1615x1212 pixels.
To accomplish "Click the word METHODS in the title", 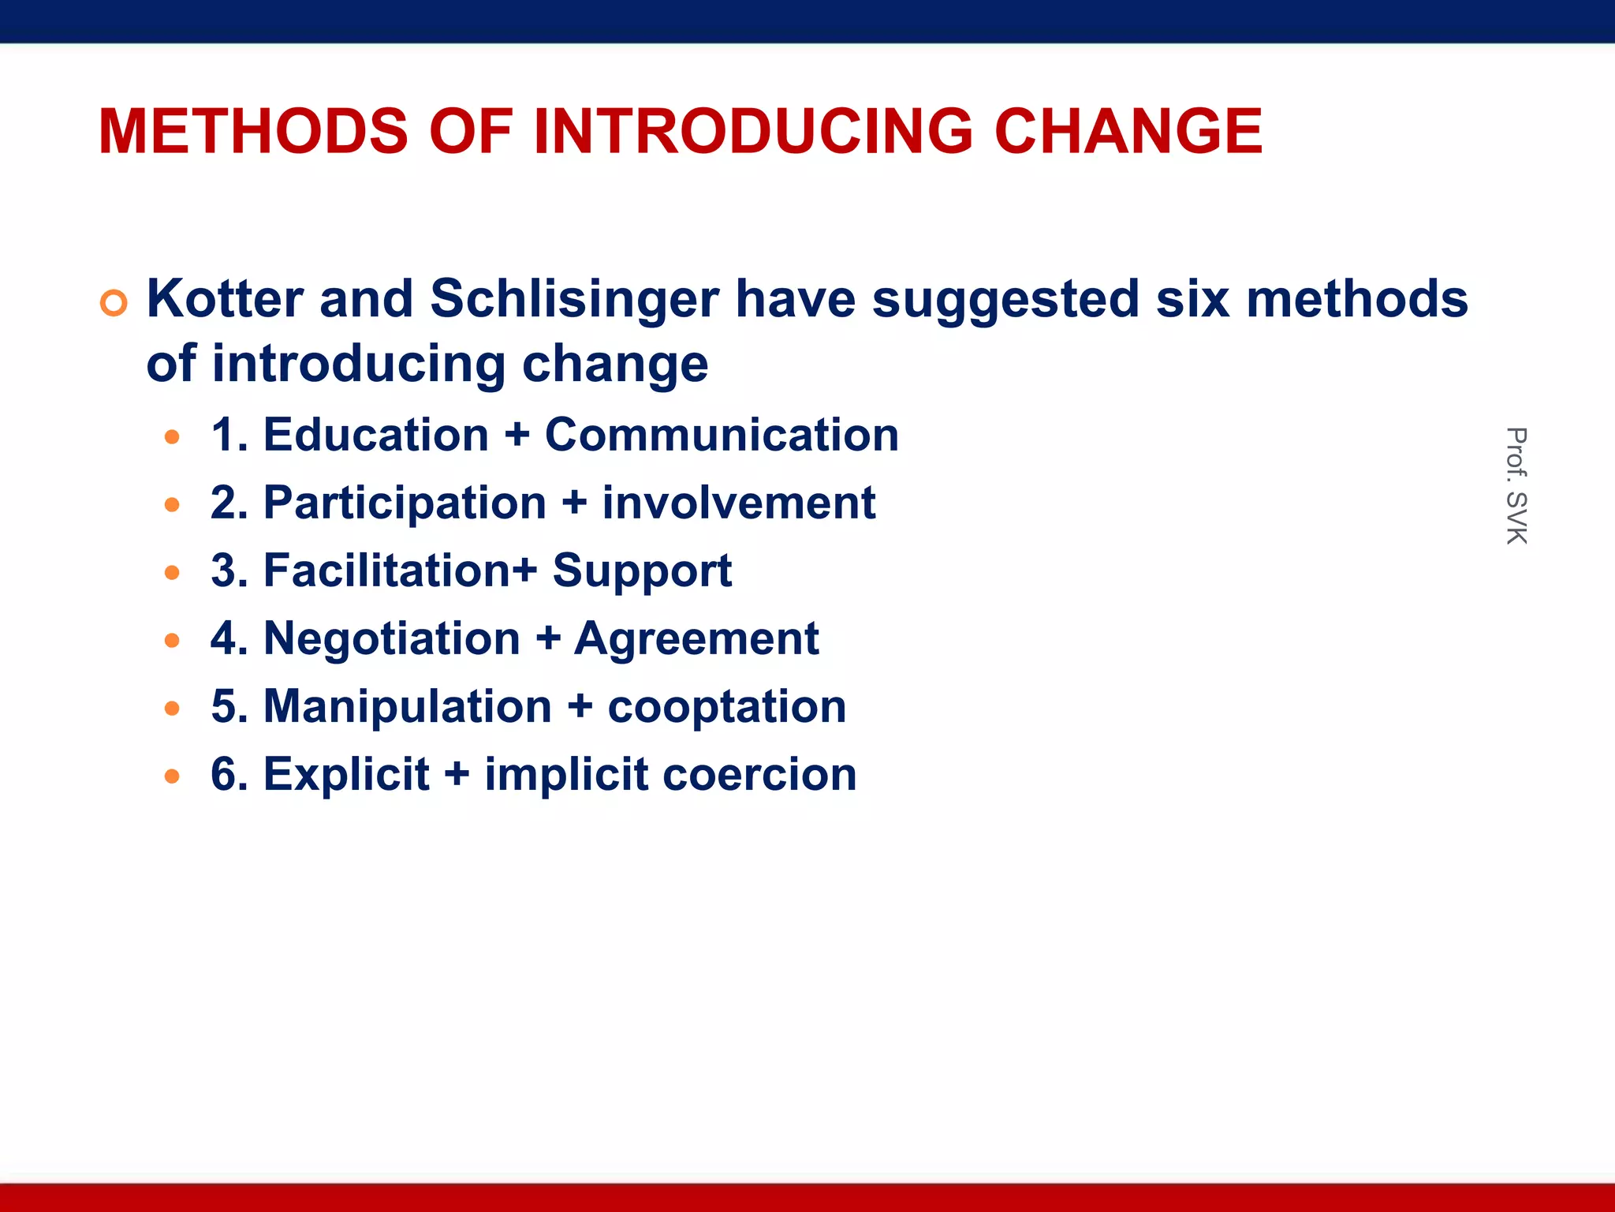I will tap(253, 131).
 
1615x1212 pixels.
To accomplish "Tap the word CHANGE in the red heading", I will tap(1128, 131).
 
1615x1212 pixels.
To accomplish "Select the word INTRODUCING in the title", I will tap(753, 131).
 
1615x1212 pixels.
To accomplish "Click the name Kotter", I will tap(225, 299).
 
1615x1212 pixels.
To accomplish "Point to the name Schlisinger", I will tap(574, 301).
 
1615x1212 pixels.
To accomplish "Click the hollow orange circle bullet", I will tap(114, 303).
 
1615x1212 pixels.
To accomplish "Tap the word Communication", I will tap(722, 435).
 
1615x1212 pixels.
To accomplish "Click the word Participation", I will tap(405, 503).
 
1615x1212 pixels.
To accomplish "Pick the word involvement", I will tap(739, 503).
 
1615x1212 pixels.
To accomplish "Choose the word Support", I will tap(642, 571).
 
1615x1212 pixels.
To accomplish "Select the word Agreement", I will tap(696, 639).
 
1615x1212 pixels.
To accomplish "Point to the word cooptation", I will tap(726, 707).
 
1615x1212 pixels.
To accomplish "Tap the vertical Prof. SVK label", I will tap(1516, 485).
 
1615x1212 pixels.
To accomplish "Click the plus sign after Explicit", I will tap(457, 774).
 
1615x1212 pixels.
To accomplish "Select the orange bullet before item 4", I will tap(172, 640).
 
